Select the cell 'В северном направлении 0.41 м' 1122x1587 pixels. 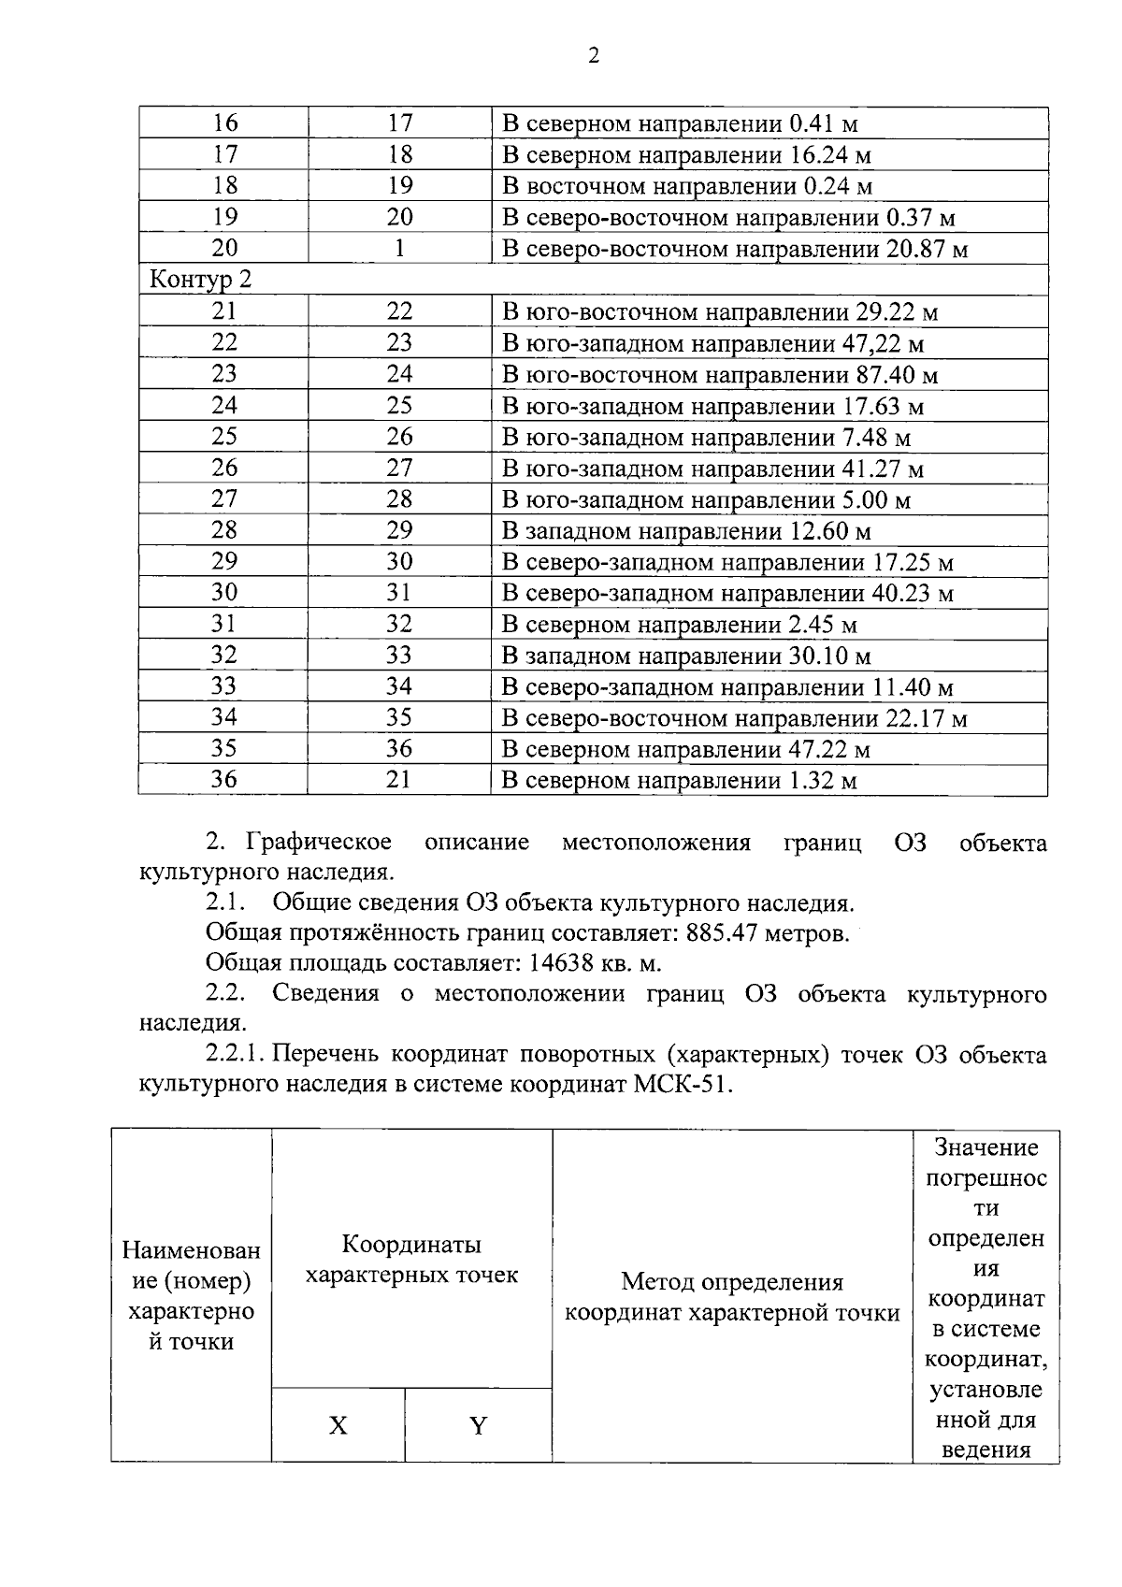coord(680,123)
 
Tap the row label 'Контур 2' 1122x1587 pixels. coord(201,280)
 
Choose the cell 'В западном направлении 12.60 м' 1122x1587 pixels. coord(686,531)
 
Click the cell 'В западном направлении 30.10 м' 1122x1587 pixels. coord(686,656)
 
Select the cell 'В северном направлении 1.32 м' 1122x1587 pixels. coord(680,781)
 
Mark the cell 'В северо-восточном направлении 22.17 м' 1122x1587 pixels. coord(734,718)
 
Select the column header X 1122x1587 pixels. coord(338,1425)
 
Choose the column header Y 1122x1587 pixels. coord(478,1425)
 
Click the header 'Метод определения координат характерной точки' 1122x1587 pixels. coord(732,1297)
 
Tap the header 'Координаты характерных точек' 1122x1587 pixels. coord(411,1260)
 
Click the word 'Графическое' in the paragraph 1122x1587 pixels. coord(318,843)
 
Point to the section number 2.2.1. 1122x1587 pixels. coord(237,1055)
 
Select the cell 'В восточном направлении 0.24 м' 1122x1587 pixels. coord(687,186)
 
